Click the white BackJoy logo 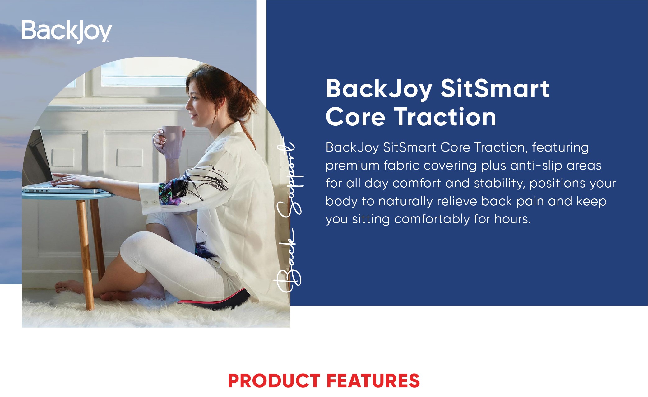(67, 31)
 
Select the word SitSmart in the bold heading (495, 89)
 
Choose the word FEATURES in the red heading (373, 381)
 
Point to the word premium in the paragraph (353, 166)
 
